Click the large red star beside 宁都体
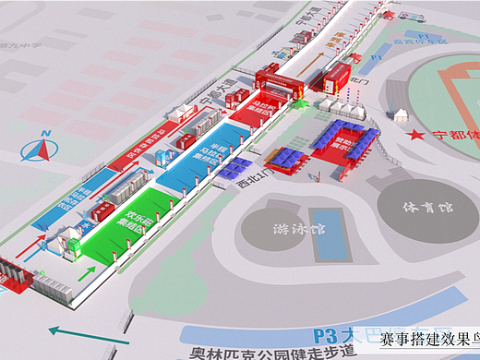[418, 135]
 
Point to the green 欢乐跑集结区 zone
[135, 223]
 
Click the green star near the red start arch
[298, 104]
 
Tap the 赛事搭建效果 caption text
[425, 340]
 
